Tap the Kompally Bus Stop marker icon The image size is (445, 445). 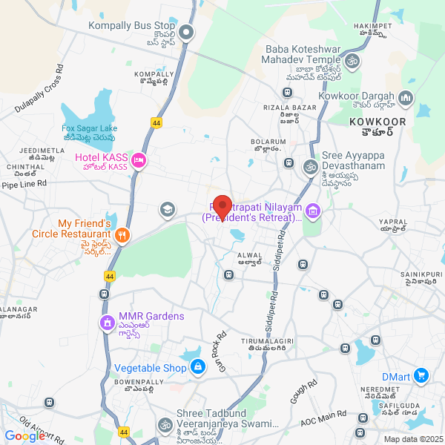point(186,32)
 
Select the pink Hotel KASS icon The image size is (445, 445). point(138,161)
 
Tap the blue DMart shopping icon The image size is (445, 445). point(421,376)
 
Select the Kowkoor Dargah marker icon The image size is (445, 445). point(405,97)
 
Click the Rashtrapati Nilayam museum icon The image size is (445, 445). point(313,213)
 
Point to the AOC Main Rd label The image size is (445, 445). point(323,421)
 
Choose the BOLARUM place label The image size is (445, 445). point(267,143)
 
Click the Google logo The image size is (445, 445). point(24,436)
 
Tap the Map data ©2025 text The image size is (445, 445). point(412,438)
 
